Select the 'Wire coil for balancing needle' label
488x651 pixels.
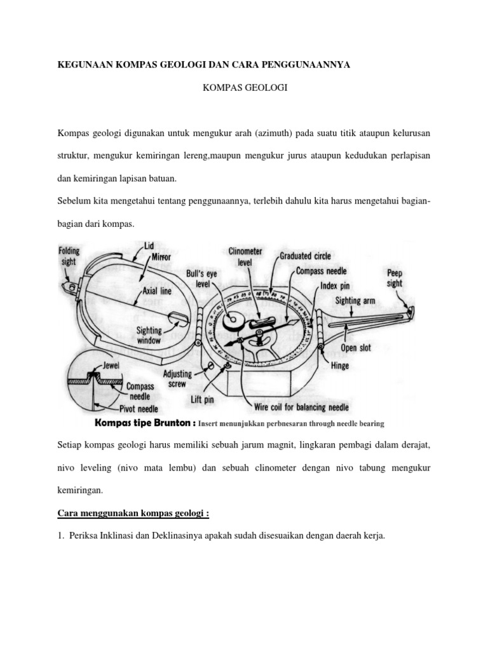[x=301, y=407]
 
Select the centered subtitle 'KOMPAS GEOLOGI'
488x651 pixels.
[x=245, y=90]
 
